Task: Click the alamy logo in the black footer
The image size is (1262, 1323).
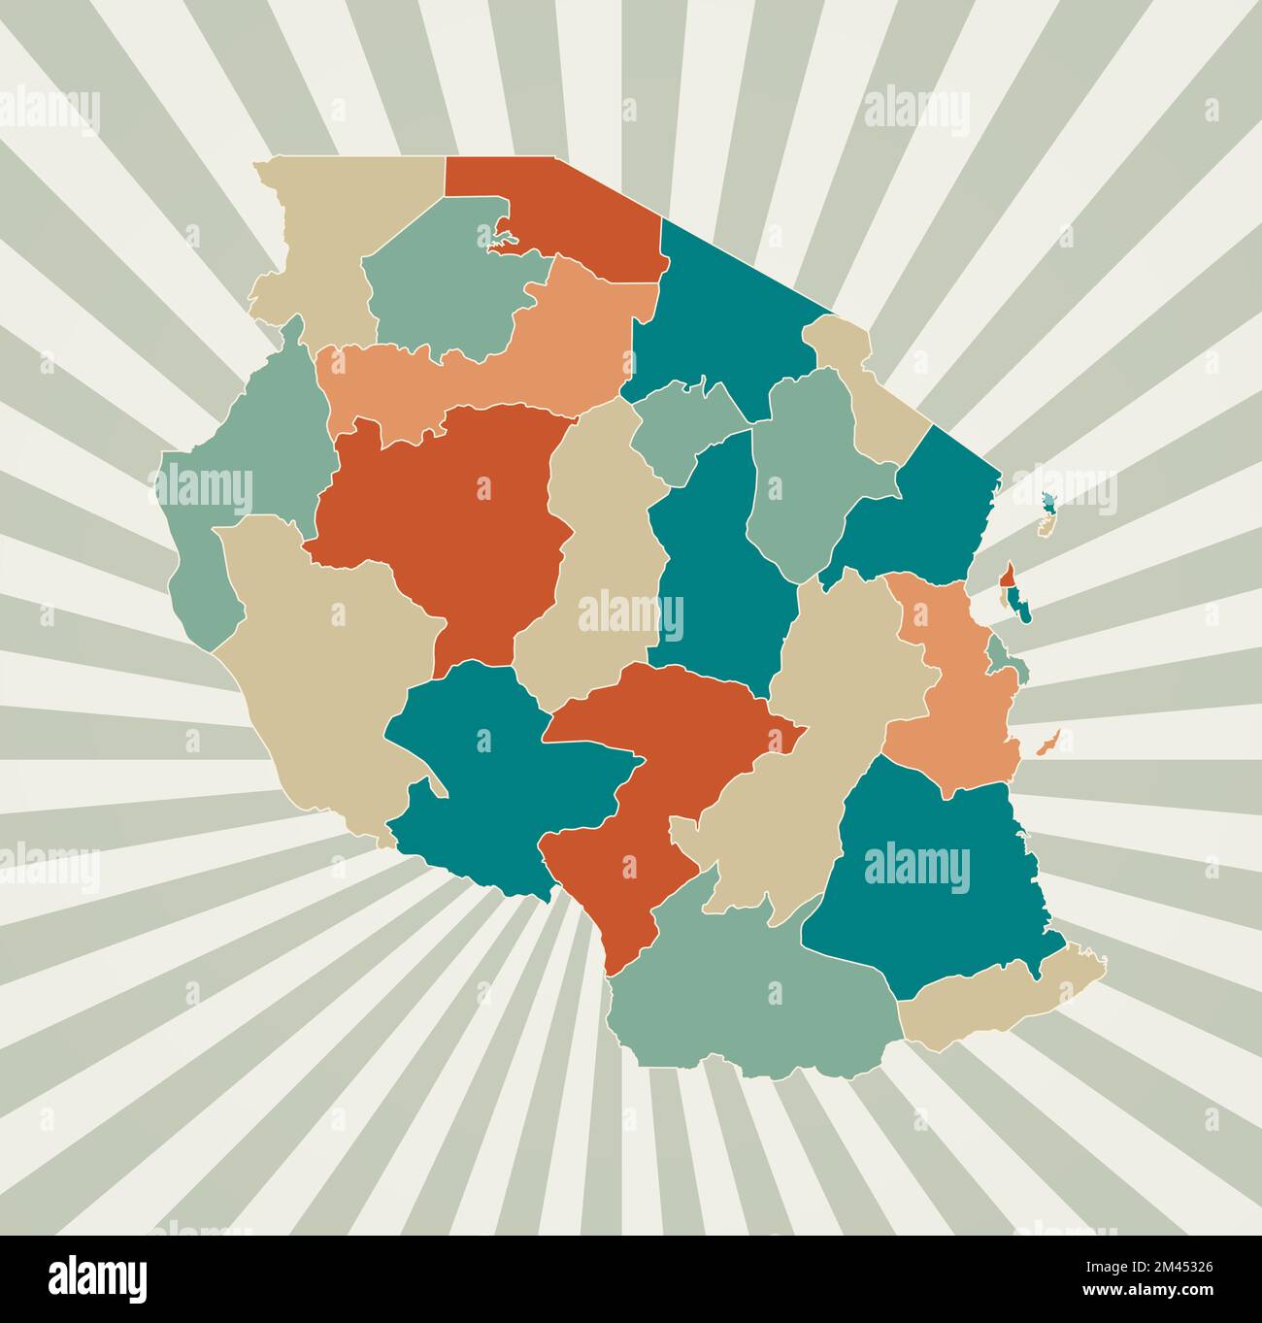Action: pyautogui.click(x=98, y=1277)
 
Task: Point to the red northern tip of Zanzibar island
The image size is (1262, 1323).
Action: pyautogui.click(x=1010, y=575)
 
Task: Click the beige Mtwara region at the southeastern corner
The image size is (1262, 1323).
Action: pyautogui.click(x=1000, y=1000)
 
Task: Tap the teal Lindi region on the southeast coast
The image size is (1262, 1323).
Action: pyautogui.click(x=922, y=874)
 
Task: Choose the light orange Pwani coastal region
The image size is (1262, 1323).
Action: pyautogui.click(x=961, y=699)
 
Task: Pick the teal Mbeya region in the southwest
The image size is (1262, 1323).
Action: pyautogui.click(x=485, y=777)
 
